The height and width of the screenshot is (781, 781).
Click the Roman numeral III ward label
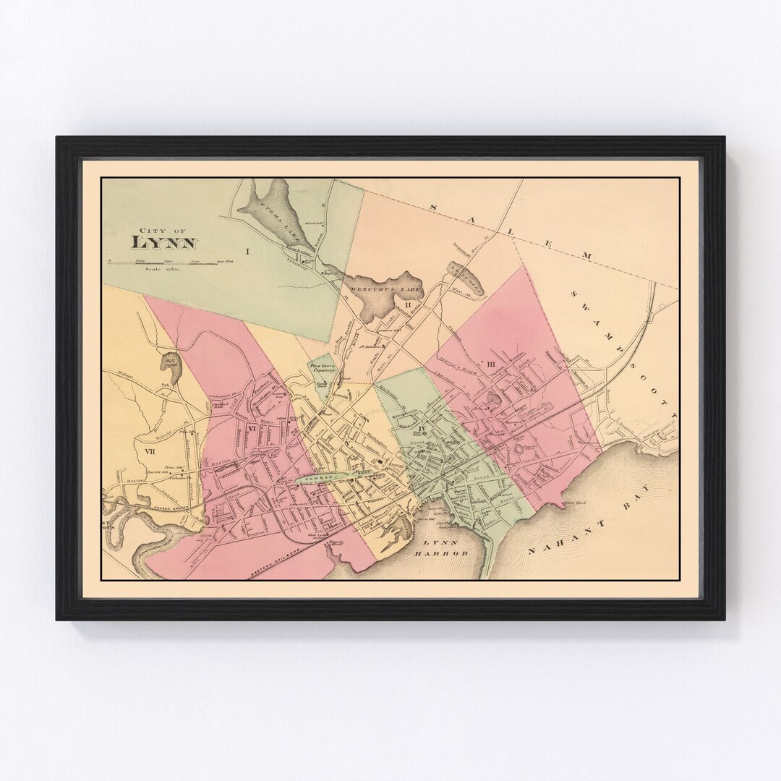[x=491, y=364]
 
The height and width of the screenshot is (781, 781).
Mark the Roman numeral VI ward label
[x=252, y=429]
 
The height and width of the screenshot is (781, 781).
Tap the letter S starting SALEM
[x=433, y=208]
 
